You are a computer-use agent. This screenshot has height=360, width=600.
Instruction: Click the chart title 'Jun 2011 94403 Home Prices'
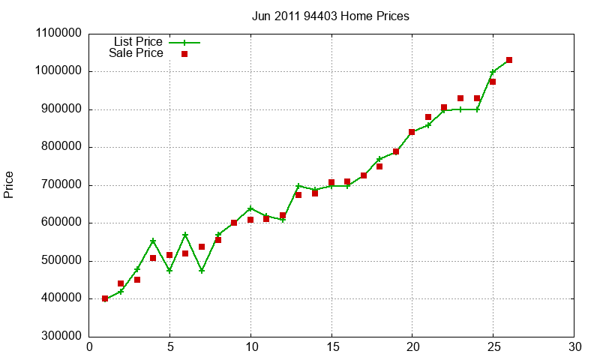(x=331, y=16)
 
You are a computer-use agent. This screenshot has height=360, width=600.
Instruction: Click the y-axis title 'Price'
(x=9, y=184)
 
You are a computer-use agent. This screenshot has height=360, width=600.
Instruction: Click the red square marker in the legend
(x=184, y=54)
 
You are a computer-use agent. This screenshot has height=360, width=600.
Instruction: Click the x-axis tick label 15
(x=331, y=347)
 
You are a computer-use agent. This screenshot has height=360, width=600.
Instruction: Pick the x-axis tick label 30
(x=574, y=347)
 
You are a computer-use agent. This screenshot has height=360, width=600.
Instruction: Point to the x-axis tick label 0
(x=89, y=347)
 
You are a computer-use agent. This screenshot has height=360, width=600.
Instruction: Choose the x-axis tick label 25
(x=493, y=347)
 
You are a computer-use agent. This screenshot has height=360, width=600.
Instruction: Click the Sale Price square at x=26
(x=509, y=60)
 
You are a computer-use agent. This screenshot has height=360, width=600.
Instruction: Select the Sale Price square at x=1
(x=105, y=298)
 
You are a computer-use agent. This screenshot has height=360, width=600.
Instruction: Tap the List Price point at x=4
(x=153, y=241)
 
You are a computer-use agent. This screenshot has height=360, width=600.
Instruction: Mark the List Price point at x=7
(x=202, y=270)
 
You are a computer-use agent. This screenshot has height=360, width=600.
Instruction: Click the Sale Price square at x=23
(x=460, y=98)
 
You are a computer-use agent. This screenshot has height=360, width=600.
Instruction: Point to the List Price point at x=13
(x=298, y=186)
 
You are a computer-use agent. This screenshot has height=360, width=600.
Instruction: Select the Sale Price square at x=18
(x=379, y=166)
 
